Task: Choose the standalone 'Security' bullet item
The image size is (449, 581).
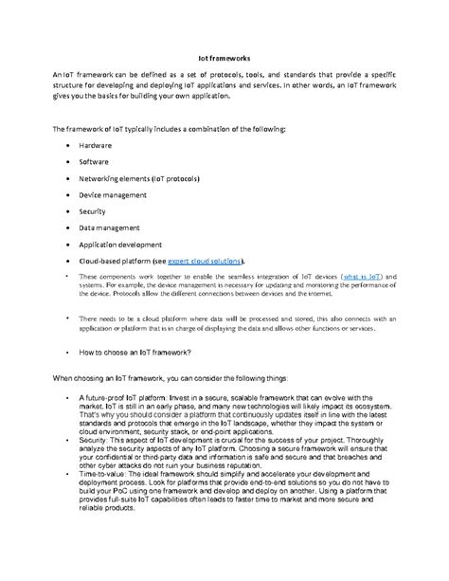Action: [x=93, y=211]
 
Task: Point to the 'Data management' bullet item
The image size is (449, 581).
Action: [x=110, y=227]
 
